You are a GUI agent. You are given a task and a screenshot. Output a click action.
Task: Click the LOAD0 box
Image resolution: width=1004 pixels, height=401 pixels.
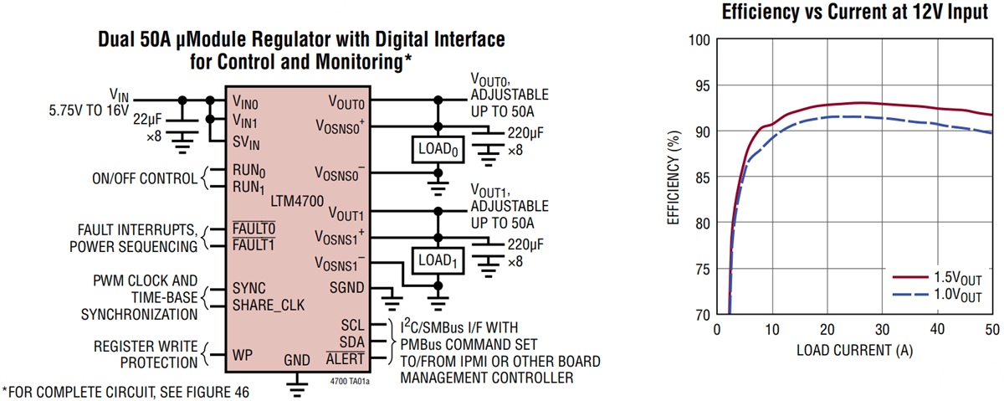pyautogui.click(x=434, y=151)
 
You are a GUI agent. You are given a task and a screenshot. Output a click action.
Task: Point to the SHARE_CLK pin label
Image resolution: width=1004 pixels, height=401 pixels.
pyautogui.click(x=269, y=305)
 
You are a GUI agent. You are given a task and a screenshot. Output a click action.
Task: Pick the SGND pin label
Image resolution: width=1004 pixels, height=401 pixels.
pyautogui.click(x=346, y=287)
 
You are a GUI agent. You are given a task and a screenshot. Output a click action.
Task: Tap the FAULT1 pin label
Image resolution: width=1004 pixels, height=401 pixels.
pyautogui.click(x=254, y=244)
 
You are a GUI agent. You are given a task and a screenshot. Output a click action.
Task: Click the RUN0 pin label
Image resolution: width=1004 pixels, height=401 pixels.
pyautogui.click(x=250, y=171)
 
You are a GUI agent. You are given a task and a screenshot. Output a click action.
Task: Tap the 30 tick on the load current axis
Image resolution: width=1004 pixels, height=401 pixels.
pyautogui.click(x=882, y=328)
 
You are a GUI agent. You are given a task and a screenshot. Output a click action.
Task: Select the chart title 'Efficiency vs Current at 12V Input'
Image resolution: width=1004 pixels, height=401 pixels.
pyautogui.click(x=854, y=13)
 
